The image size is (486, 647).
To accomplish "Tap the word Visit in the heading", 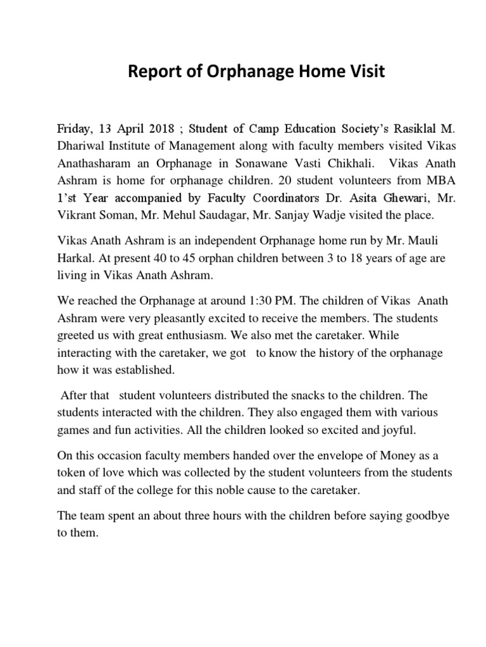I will pos(363,72).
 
